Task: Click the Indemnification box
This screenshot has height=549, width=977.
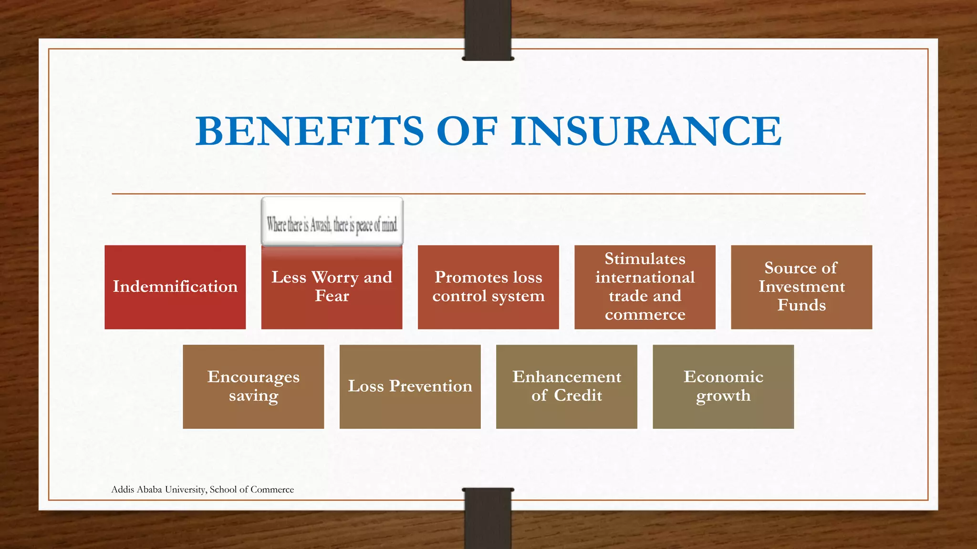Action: (x=175, y=287)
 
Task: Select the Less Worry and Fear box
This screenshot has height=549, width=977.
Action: (x=332, y=287)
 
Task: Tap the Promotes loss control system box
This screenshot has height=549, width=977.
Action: (x=488, y=287)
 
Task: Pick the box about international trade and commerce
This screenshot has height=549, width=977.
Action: (x=644, y=287)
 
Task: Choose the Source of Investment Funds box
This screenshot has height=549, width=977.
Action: (x=801, y=287)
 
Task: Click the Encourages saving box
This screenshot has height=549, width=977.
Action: (x=253, y=386)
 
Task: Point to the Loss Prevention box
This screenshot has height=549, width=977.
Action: (x=410, y=386)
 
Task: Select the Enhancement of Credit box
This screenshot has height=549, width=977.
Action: (x=566, y=386)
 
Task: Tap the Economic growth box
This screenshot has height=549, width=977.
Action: (x=723, y=386)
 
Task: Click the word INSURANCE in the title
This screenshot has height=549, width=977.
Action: (x=646, y=131)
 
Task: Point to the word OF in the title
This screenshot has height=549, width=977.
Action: (x=467, y=131)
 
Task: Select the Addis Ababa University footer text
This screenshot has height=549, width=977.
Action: (x=202, y=489)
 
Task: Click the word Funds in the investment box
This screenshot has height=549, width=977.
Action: (x=801, y=305)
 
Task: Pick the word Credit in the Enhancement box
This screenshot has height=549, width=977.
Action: (x=578, y=396)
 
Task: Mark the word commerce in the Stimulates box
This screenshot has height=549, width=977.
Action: (x=645, y=315)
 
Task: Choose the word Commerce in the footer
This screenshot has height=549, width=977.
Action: (x=272, y=489)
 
